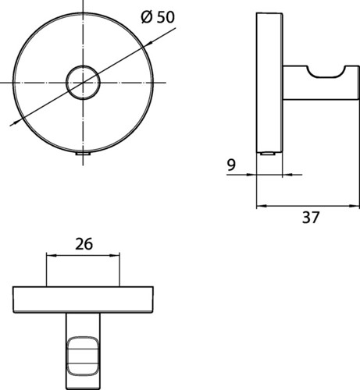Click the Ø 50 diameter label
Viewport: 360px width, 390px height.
pyautogui.click(x=158, y=17)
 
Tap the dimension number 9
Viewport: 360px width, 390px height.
pyautogui.click(x=231, y=165)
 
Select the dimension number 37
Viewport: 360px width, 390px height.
pyautogui.click(x=311, y=218)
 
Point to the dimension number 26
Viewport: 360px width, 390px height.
pyautogui.click(x=84, y=244)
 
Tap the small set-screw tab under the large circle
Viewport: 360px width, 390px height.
pyautogui.click(x=83, y=154)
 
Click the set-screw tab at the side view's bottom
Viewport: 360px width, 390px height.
pyautogui.click(x=268, y=154)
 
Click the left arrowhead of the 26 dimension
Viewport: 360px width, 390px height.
pyautogui.click(x=52, y=256)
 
